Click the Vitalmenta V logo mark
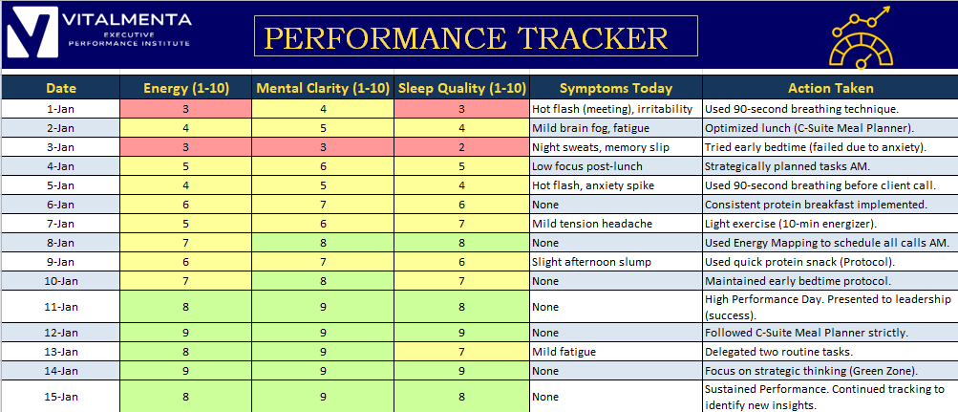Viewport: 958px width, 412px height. tap(32, 33)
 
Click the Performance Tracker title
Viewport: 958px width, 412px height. tap(467, 37)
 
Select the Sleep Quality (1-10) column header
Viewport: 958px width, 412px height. tap(462, 88)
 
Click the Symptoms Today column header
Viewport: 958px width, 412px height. tap(616, 88)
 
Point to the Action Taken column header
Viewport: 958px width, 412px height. tap(830, 88)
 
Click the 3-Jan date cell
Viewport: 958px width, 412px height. tap(61, 147)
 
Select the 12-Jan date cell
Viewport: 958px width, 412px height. tap(61, 333)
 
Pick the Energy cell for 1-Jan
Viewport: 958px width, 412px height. tap(185, 109)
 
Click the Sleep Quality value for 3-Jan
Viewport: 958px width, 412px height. tap(462, 147)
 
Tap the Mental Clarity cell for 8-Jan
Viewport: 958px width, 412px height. tap(323, 243)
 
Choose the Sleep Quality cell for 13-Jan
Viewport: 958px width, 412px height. tap(462, 352)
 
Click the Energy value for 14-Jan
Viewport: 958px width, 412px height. tap(185, 371)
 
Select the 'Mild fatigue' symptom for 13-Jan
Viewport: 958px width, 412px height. tap(564, 352)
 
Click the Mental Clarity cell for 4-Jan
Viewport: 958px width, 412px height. tap(323, 166)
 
